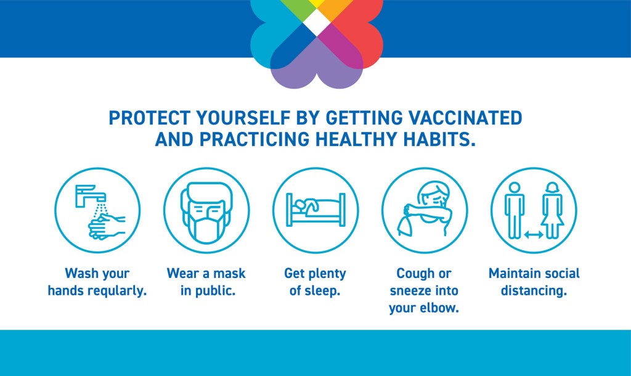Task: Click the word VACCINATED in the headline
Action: [x=465, y=118]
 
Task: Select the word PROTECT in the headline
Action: [x=149, y=118]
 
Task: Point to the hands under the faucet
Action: [x=107, y=227]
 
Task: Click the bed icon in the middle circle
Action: [x=315, y=210]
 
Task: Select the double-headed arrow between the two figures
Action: [x=534, y=235]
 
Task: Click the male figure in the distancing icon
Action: [x=515, y=210]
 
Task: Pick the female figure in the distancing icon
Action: [x=553, y=210]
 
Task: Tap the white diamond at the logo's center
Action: [x=317, y=23]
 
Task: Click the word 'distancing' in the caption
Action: [x=534, y=291]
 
